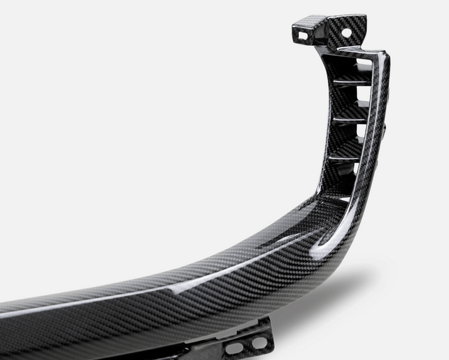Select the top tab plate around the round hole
(x=349, y=25)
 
